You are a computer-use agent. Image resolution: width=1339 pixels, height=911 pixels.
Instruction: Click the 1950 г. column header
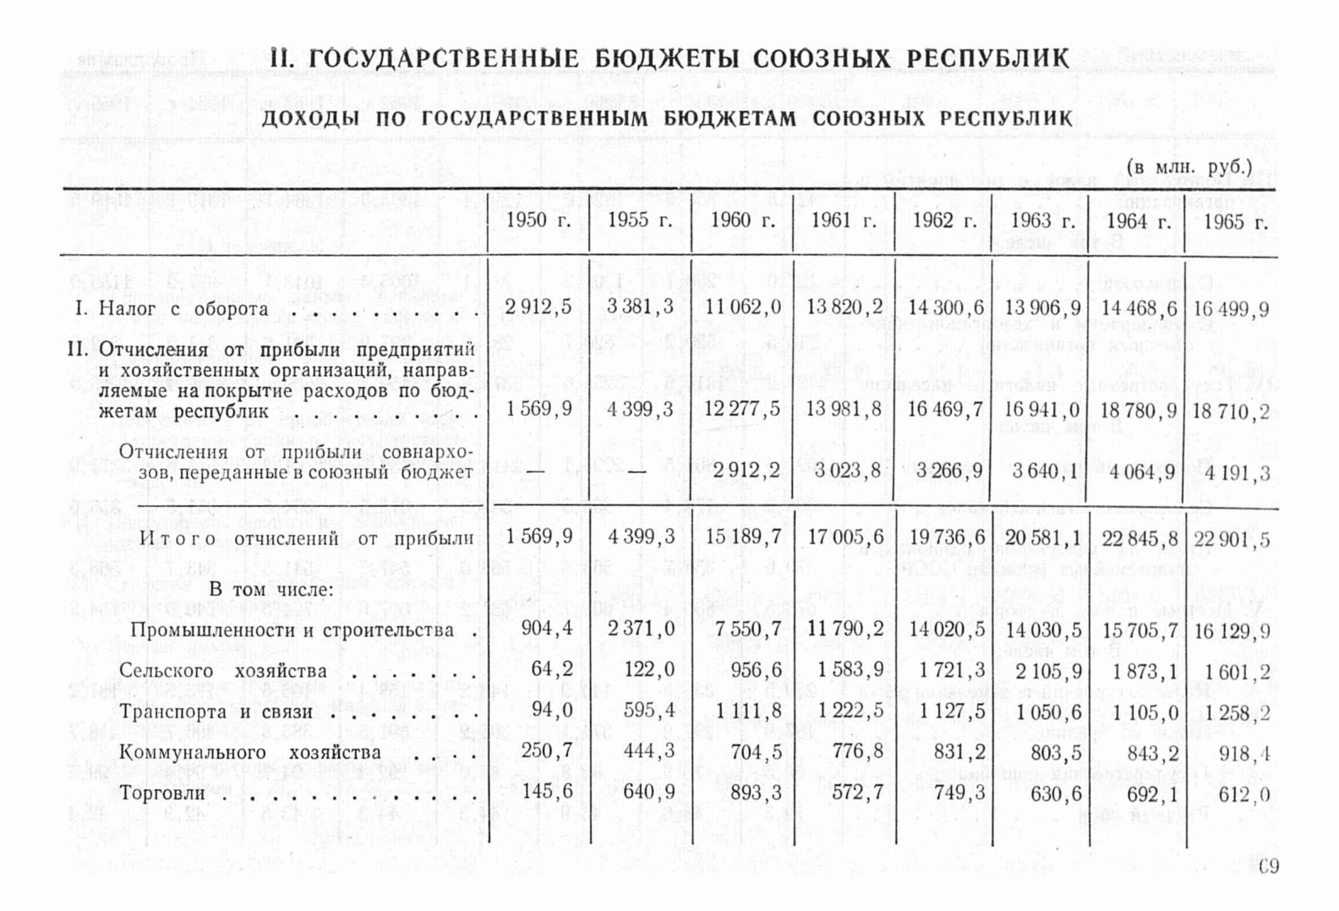click(538, 221)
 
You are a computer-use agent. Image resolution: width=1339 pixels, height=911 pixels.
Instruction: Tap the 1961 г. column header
click(843, 221)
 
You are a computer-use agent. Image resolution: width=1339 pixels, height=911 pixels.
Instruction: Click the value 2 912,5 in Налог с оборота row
click(538, 308)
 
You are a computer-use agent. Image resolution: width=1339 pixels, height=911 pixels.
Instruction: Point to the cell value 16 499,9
click(1232, 309)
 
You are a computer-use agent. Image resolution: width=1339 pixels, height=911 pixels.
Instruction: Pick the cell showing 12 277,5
click(743, 410)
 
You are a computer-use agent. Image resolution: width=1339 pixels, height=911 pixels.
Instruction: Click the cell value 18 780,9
click(1139, 411)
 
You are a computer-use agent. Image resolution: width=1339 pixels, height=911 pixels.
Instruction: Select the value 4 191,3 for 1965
click(1232, 472)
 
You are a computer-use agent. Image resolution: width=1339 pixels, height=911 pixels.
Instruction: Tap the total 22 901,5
click(1232, 540)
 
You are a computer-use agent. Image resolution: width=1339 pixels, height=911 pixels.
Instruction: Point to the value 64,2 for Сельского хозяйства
click(553, 670)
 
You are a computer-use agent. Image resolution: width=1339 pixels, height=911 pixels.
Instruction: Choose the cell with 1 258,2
click(1232, 712)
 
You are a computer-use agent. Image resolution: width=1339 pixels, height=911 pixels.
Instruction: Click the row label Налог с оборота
click(183, 308)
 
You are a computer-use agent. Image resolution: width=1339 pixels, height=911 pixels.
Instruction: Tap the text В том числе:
click(271, 590)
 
